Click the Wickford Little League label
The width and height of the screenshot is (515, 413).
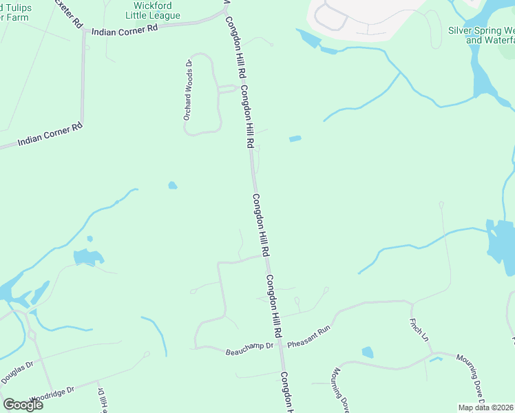pyautogui.click(x=154, y=10)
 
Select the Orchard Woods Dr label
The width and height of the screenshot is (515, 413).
pyautogui.click(x=187, y=90)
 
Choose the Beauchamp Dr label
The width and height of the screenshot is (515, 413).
pyautogui.click(x=246, y=352)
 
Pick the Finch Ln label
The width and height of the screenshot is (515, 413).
pyautogui.click(x=419, y=330)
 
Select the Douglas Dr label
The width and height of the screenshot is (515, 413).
pyautogui.click(x=17, y=372)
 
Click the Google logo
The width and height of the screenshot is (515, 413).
pyautogui.click(x=23, y=405)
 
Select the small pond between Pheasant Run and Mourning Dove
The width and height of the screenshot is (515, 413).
pyautogui.click(x=368, y=352)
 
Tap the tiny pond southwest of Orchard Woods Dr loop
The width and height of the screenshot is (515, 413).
pyautogui.click(x=172, y=185)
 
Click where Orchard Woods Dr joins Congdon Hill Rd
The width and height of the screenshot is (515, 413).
pyautogui.click(x=239, y=88)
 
